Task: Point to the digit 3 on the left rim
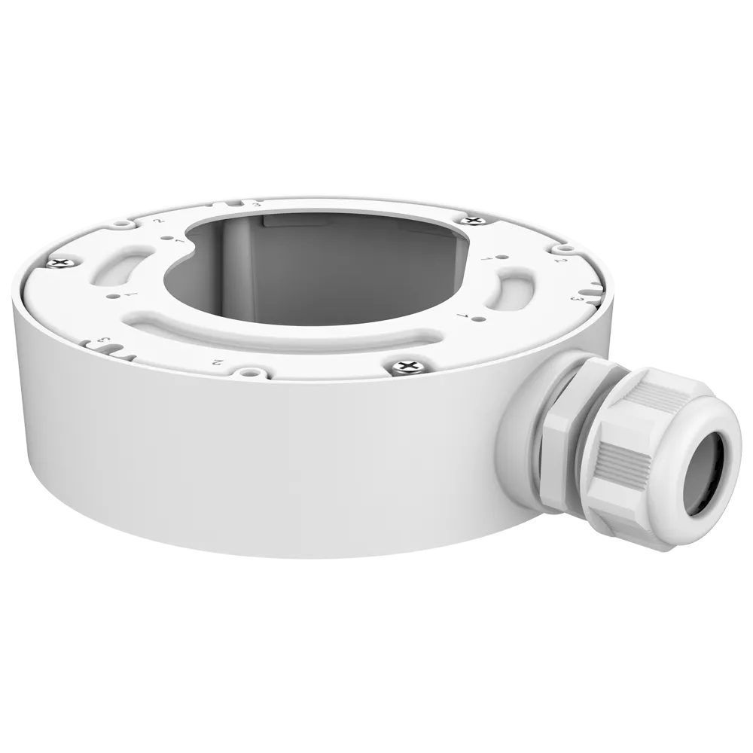tap(105, 343)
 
